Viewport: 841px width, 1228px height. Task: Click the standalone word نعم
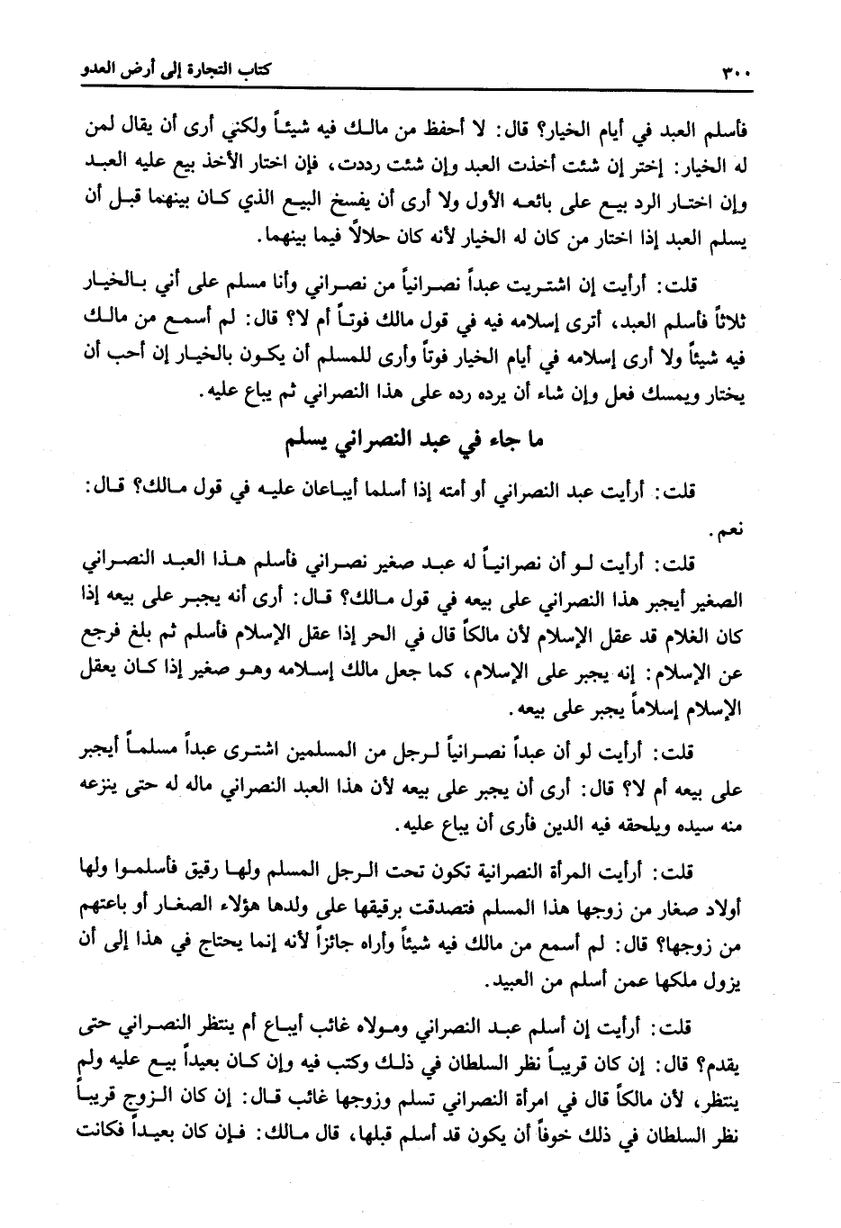727,533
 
